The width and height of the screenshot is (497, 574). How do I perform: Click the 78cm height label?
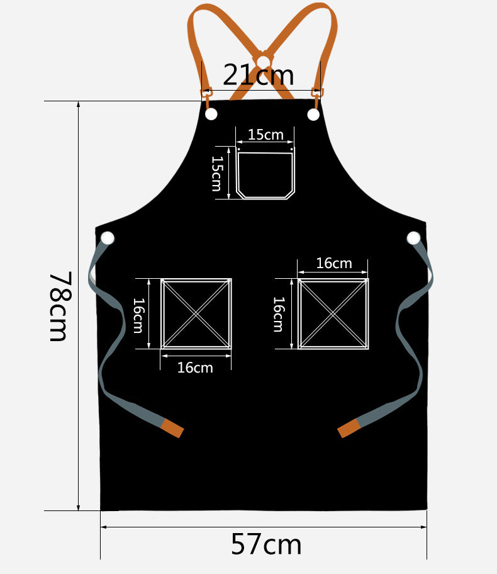(x=59, y=306)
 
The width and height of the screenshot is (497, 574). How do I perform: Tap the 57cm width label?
(x=266, y=544)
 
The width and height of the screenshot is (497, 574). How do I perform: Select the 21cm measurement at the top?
(x=258, y=75)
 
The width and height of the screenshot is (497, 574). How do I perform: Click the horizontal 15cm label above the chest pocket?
(x=265, y=135)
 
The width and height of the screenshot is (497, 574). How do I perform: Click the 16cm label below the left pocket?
(x=194, y=368)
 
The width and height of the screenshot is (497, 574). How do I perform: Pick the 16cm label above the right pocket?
(x=334, y=263)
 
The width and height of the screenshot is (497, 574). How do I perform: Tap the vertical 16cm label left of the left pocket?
(x=138, y=315)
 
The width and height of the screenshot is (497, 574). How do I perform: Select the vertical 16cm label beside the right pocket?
(x=279, y=314)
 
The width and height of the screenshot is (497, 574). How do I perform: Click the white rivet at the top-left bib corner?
(x=211, y=114)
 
